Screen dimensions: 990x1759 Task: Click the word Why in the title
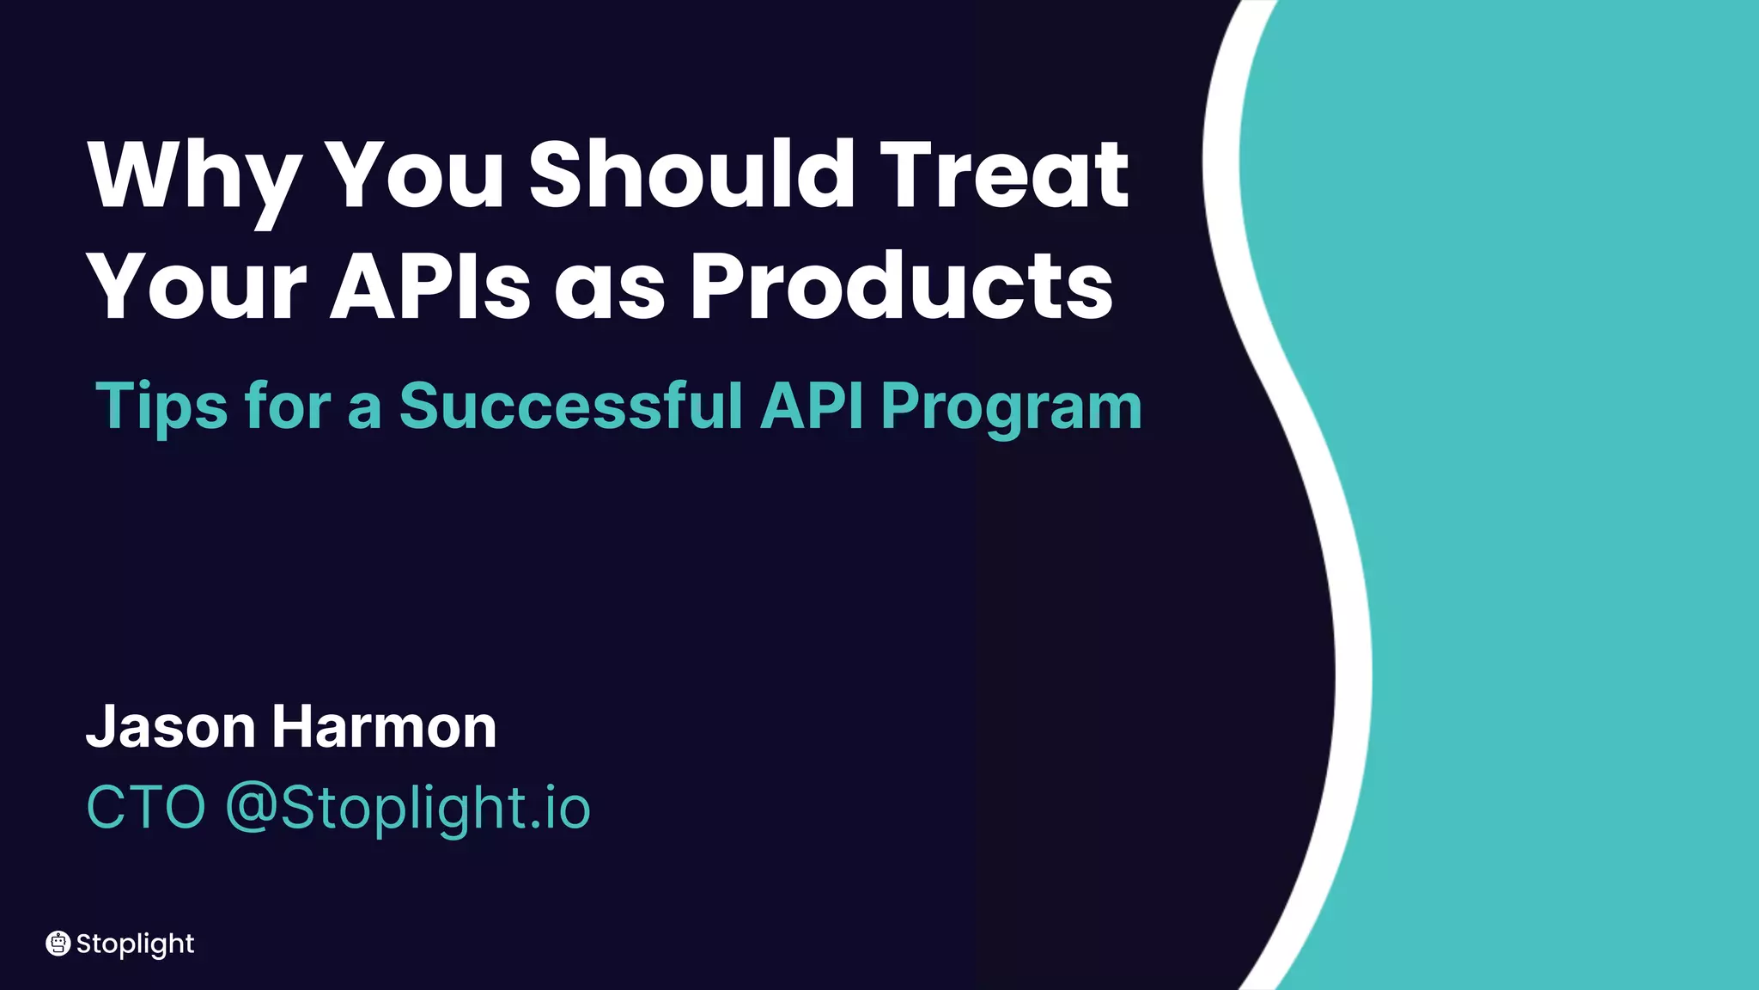coord(194,176)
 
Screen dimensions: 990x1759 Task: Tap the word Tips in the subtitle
coord(161,406)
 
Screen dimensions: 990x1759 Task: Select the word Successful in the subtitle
coord(571,405)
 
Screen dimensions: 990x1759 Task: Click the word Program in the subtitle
coord(1011,406)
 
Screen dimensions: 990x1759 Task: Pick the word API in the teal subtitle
coord(812,405)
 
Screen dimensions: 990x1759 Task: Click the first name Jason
coord(171,727)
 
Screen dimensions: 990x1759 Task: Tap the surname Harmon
coord(384,727)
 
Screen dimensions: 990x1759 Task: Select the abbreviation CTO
coord(146,808)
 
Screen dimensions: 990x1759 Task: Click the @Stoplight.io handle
coord(408,808)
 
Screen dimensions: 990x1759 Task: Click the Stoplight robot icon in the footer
coord(58,944)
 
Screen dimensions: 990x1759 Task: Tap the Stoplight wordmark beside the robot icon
coord(135,944)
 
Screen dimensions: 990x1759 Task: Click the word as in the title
coord(609,288)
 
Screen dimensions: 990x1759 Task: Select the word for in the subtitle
coord(287,405)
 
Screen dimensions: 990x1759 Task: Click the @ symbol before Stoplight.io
coord(251,808)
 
